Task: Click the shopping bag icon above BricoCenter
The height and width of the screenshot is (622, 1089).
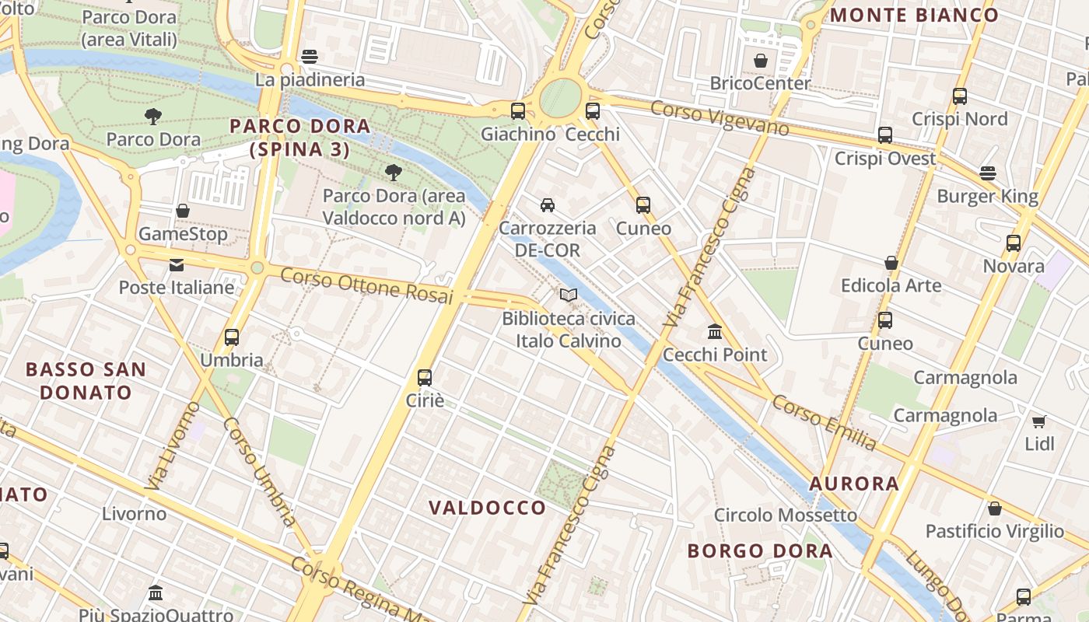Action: point(761,61)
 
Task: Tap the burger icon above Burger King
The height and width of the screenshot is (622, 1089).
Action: point(988,173)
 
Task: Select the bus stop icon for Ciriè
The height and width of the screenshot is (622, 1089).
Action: point(425,378)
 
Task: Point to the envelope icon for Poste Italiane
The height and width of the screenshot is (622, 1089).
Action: point(177,264)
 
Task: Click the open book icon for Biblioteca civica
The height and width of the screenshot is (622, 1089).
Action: point(569,295)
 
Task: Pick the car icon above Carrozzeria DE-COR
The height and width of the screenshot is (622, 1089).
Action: point(548,205)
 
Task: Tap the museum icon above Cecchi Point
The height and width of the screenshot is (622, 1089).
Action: point(715,332)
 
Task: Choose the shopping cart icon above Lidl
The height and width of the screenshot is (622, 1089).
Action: point(1039,421)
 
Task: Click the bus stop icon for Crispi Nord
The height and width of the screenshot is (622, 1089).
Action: point(960,96)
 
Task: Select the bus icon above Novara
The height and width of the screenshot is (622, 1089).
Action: point(1014,243)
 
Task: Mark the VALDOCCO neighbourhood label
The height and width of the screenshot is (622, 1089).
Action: point(488,508)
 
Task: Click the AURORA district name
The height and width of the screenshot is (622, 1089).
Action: point(854,484)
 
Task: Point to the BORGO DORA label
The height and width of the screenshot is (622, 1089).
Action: point(760,551)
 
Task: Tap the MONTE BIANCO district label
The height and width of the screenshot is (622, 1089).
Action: point(915,15)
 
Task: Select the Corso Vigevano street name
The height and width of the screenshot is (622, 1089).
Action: point(720,118)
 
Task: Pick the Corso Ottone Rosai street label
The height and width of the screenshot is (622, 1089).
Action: point(366,285)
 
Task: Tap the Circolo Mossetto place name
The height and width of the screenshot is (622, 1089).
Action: point(786,515)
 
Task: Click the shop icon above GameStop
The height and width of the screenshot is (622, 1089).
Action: point(183,211)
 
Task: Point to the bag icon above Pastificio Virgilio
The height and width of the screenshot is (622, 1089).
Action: point(994,509)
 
